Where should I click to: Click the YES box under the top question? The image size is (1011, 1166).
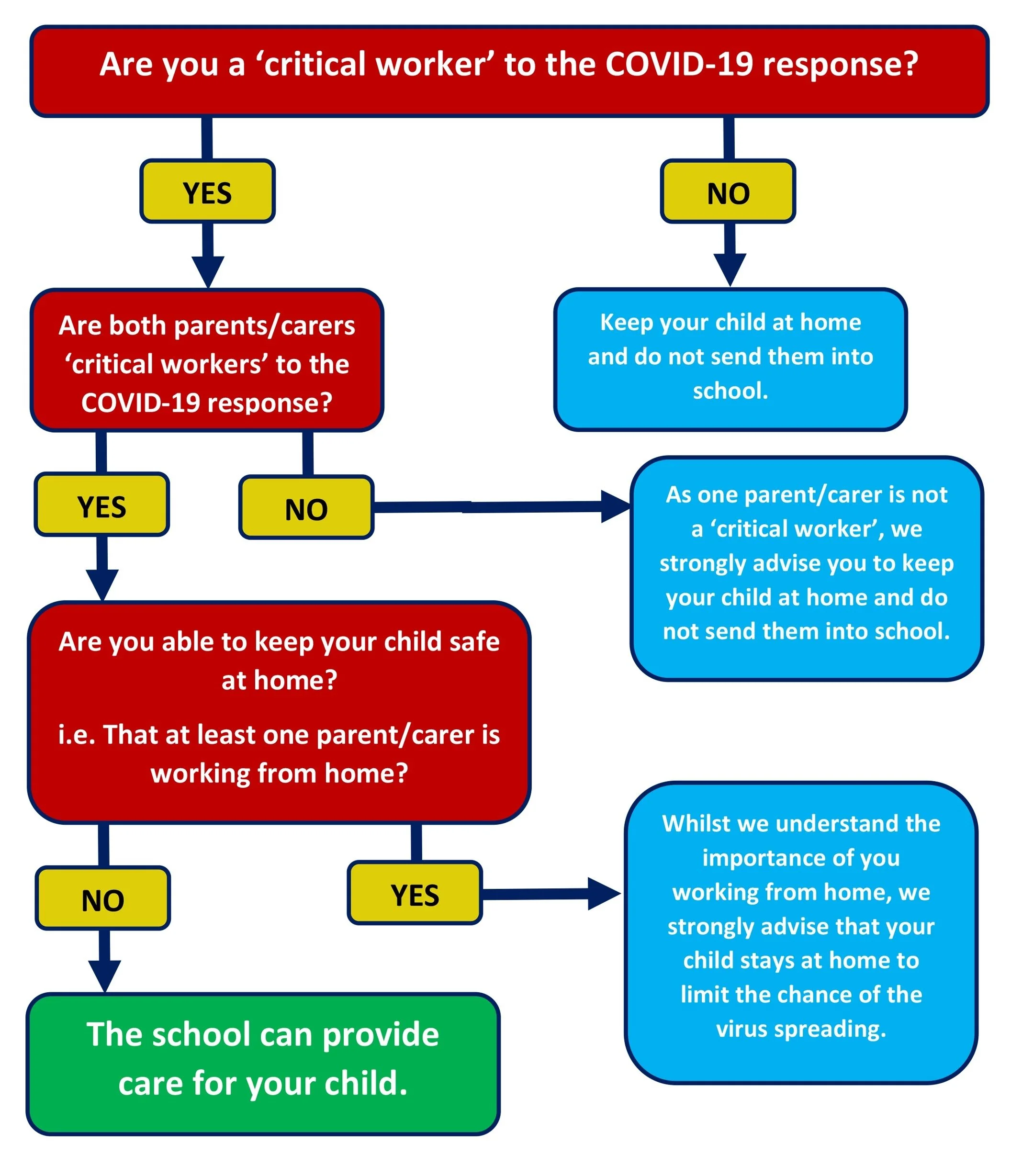[207, 193]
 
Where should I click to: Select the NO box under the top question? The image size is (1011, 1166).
[728, 193]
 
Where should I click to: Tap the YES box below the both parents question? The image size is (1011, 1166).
[101, 506]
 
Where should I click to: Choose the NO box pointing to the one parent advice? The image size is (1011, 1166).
[306, 509]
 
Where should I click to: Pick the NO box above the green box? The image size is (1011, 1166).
[102, 900]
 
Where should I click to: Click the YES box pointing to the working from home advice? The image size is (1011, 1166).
[415, 895]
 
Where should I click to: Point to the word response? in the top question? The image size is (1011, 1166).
[840, 64]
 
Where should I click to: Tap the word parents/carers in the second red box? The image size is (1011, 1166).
[265, 325]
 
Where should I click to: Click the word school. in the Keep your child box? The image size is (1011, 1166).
[730, 391]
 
